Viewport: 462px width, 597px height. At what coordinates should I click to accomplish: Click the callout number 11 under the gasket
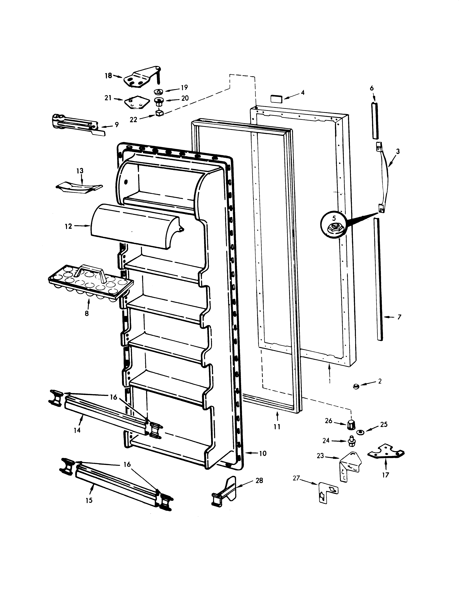coord(277,426)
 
